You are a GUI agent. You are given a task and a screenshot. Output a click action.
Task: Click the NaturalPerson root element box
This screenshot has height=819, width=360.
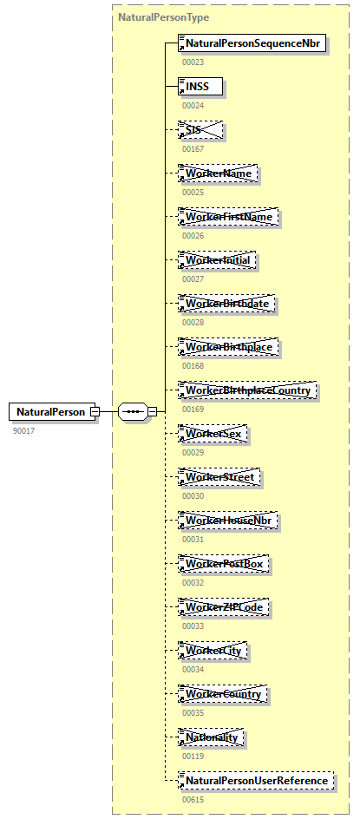point(50,411)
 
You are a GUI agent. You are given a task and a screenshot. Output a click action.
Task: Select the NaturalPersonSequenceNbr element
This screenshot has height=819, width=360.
point(252,43)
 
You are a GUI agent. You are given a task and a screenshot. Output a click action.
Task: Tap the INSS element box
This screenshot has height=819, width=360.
point(200,86)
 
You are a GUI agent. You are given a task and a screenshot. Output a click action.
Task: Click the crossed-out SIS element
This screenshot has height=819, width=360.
point(200,129)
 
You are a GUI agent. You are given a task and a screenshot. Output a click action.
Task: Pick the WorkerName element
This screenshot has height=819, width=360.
point(218,174)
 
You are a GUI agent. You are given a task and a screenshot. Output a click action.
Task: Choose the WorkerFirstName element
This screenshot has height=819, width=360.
point(228,216)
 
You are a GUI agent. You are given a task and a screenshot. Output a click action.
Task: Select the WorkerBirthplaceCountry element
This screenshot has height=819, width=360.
point(248,390)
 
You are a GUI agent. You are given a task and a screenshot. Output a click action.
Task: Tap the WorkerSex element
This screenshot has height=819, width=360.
point(213,434)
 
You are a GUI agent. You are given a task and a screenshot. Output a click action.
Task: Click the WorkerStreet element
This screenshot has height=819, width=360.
point(219,477)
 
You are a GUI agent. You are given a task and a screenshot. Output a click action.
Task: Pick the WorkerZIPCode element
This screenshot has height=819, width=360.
point(223,607)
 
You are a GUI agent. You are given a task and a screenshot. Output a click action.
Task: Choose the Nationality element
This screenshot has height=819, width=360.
point(212,737)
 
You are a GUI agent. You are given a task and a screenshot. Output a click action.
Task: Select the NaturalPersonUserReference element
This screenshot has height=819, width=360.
point(256,781)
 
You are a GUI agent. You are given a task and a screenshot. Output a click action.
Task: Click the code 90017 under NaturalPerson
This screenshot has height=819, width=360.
point(24,430)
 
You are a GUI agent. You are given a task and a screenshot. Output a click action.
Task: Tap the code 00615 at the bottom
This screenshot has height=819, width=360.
point(193,799)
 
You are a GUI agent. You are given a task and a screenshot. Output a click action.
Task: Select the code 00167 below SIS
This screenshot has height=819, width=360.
point(193,148)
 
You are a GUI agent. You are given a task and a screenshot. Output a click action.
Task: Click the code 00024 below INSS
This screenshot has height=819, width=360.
point(193,105)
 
